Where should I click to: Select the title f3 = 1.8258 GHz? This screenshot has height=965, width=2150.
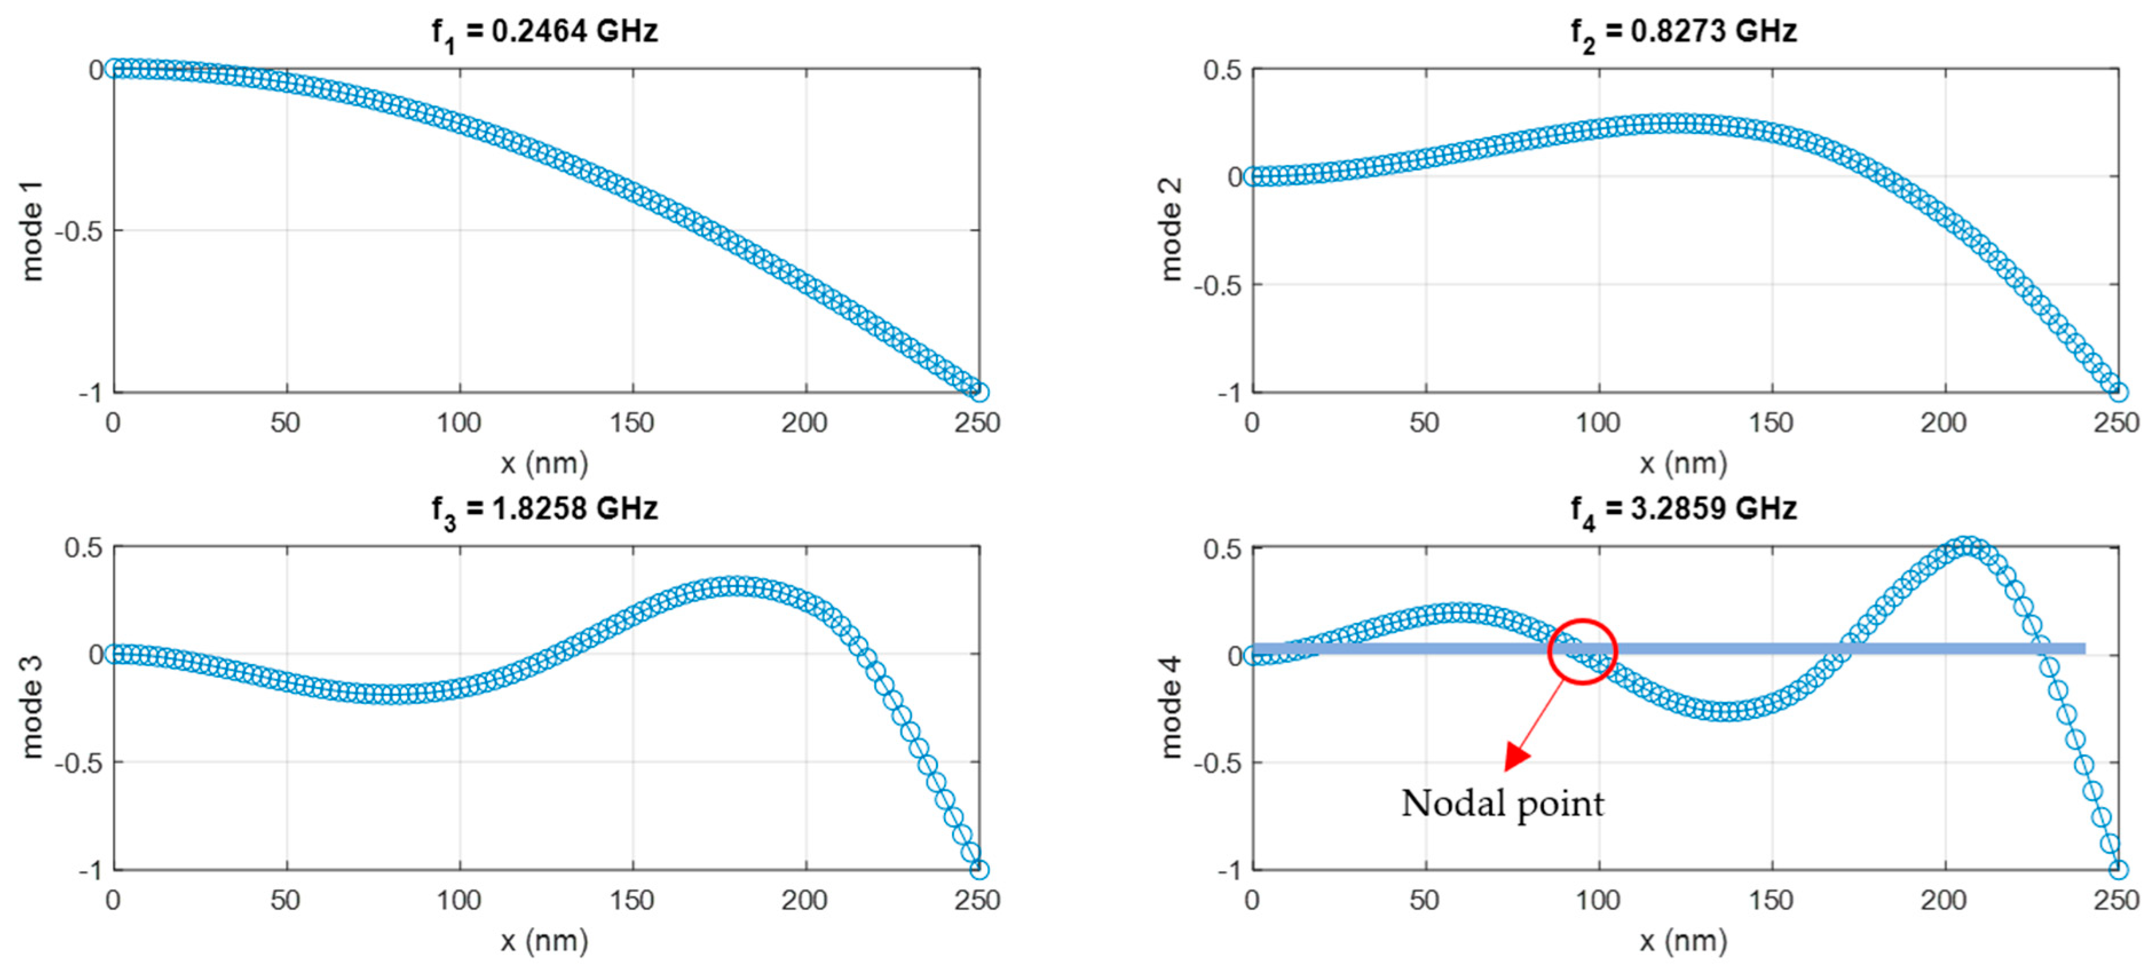[544, 509]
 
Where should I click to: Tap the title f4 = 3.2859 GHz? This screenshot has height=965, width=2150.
[1682, 509]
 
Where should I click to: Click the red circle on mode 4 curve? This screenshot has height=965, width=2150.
[1583, 652]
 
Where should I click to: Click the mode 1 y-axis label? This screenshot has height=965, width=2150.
[31, 231]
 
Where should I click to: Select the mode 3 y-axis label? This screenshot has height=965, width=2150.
[31, 707]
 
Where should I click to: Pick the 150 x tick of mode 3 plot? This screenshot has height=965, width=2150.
[632, 901]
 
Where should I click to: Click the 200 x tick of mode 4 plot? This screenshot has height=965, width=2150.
[1944, 901]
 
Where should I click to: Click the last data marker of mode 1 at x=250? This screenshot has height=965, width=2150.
[979, 392]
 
